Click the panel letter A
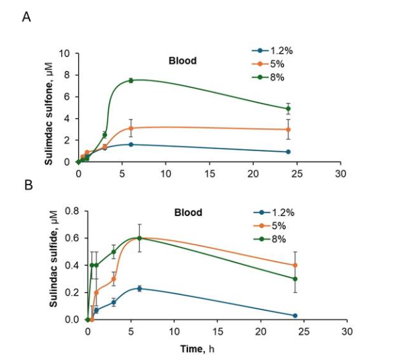(27, 17)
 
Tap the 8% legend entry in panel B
(275, 239)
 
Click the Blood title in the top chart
(181, 61)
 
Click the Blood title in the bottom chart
(188, 213)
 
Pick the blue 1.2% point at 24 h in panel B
(295, 315)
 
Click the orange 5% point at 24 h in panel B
(295, 265)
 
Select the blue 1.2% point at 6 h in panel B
(139, 288)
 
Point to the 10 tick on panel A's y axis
(66, 53)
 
